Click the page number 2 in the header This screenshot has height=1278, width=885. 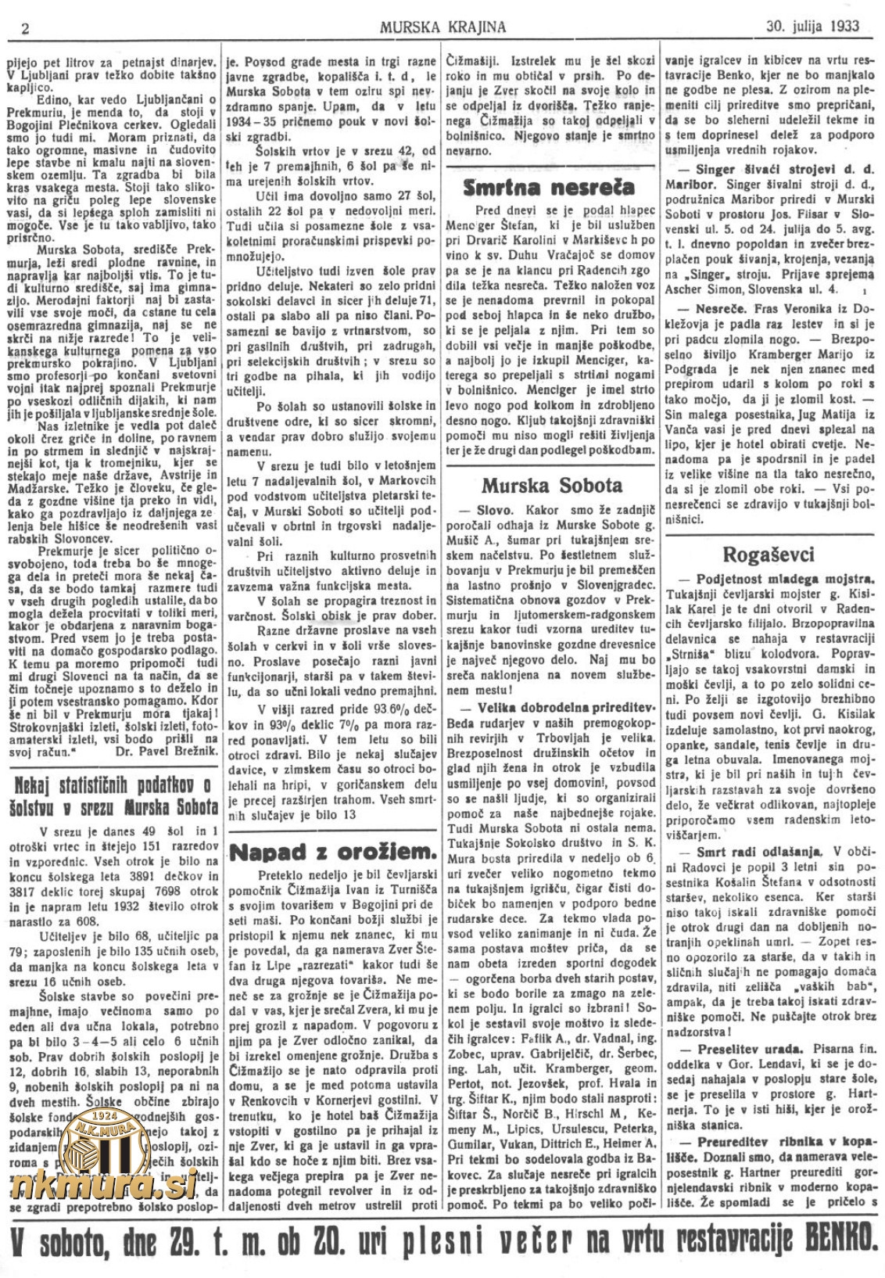point(26,28)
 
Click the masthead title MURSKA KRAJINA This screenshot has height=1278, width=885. point(442,27)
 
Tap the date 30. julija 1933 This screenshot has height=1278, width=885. point(812,26)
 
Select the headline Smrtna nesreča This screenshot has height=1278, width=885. point(549,188)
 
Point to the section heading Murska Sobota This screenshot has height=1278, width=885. point(551,486)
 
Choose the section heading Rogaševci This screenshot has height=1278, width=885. point(769,555)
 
